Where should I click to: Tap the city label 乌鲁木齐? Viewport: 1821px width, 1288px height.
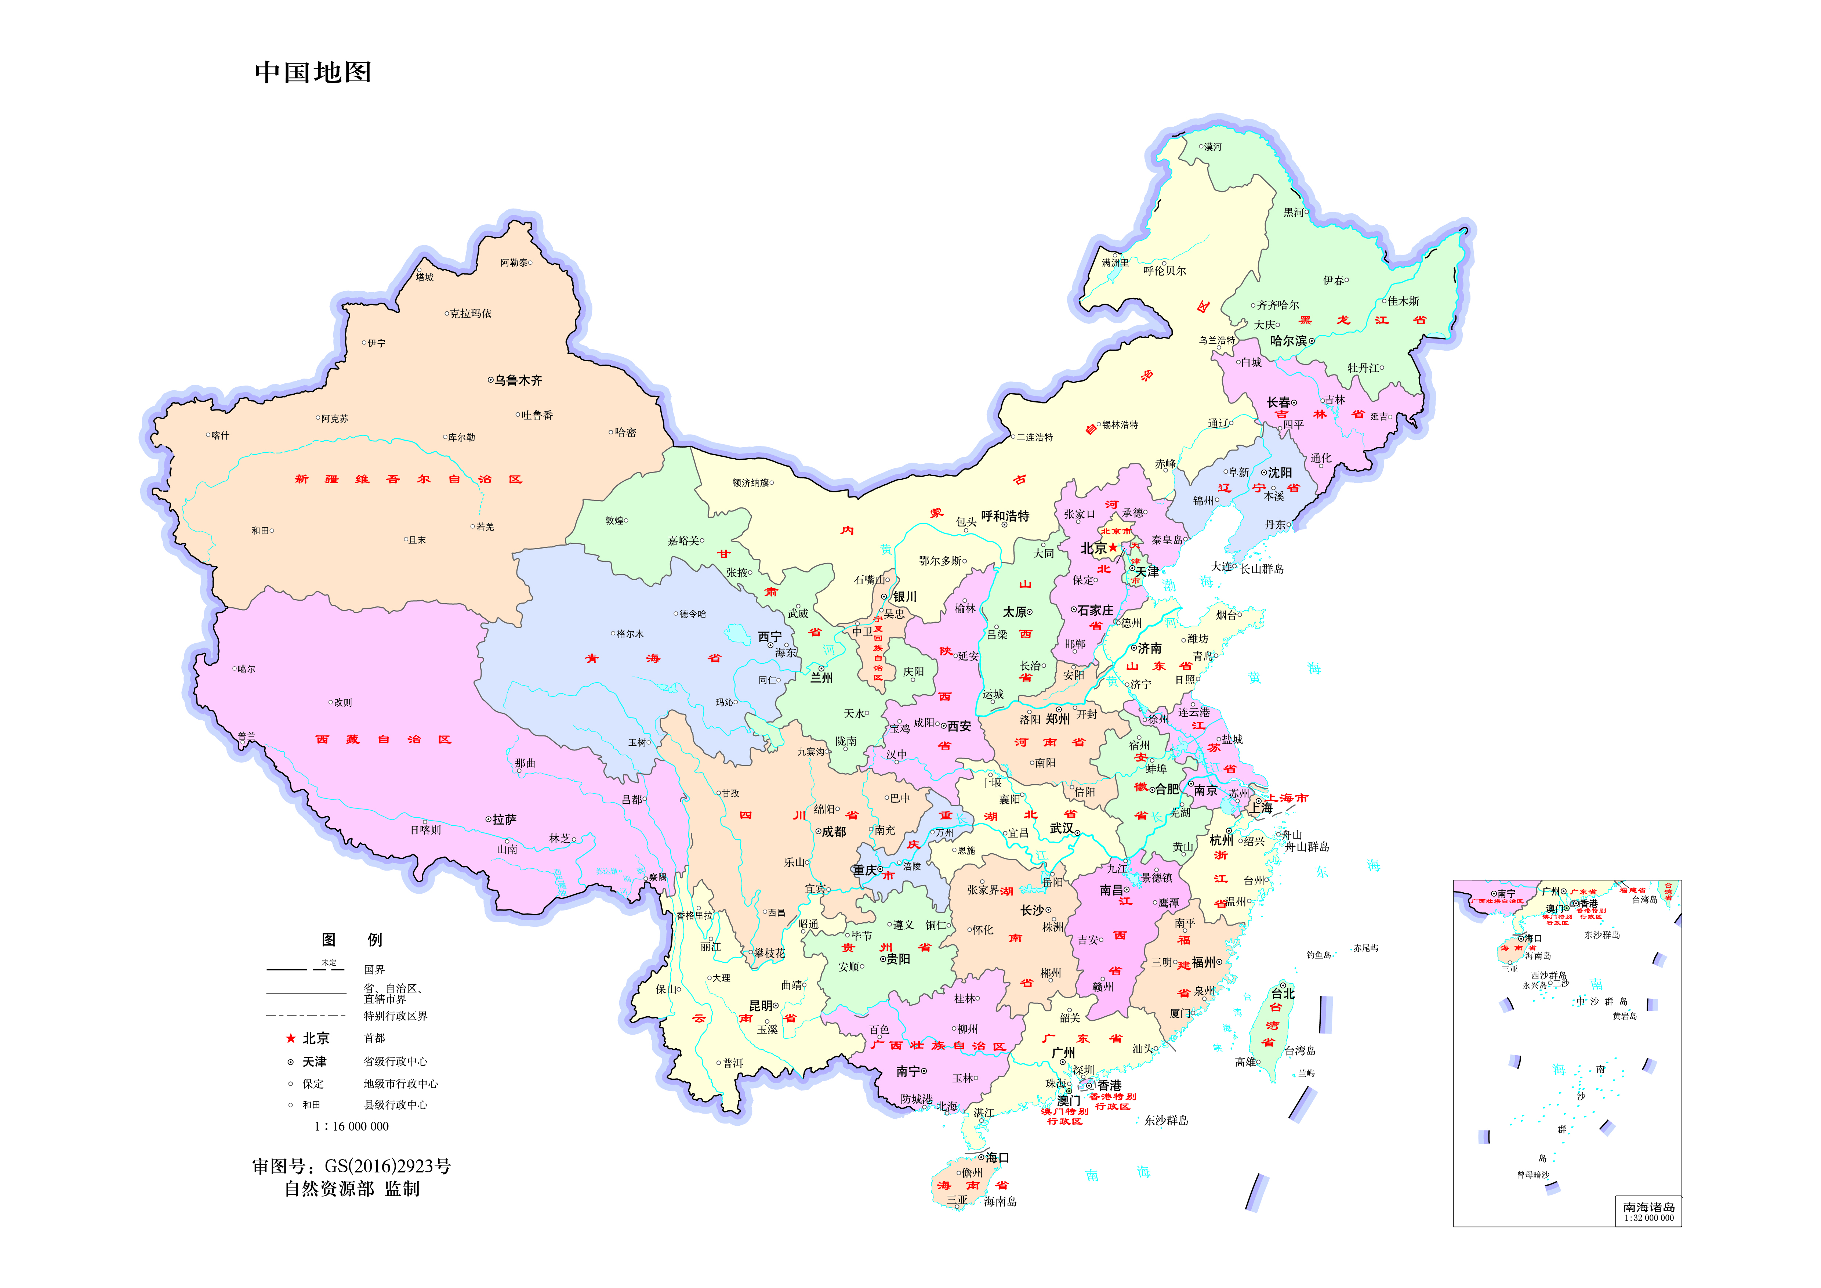coord(518,381)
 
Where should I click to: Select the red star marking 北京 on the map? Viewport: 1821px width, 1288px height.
coord(1114,547)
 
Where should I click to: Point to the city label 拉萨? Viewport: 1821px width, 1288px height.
coord(504,819)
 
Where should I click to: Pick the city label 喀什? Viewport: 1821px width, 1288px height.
coord(221,435)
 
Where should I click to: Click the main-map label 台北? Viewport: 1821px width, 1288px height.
coord(1283,993)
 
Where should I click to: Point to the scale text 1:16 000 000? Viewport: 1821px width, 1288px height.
coord(351,1126)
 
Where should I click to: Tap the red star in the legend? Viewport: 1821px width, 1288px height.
coord(290,1038)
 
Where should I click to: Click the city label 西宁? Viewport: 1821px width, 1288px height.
coord(769,637)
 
